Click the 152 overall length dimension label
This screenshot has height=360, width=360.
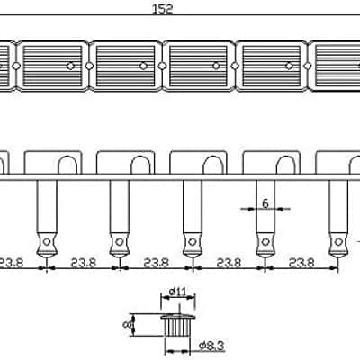pos(163,9)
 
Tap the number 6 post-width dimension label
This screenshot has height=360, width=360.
pos(265,203)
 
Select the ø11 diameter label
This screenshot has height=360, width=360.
pos(178,291)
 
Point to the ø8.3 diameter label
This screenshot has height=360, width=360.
pos(211,346)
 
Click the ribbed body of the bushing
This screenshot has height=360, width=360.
pos(177,328)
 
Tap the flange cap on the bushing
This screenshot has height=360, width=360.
pos(178,317)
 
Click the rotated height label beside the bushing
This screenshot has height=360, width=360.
pos(126,324)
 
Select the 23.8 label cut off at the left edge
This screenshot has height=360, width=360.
pos(11,263)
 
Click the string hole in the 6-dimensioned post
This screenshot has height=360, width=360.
pos(265,241)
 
